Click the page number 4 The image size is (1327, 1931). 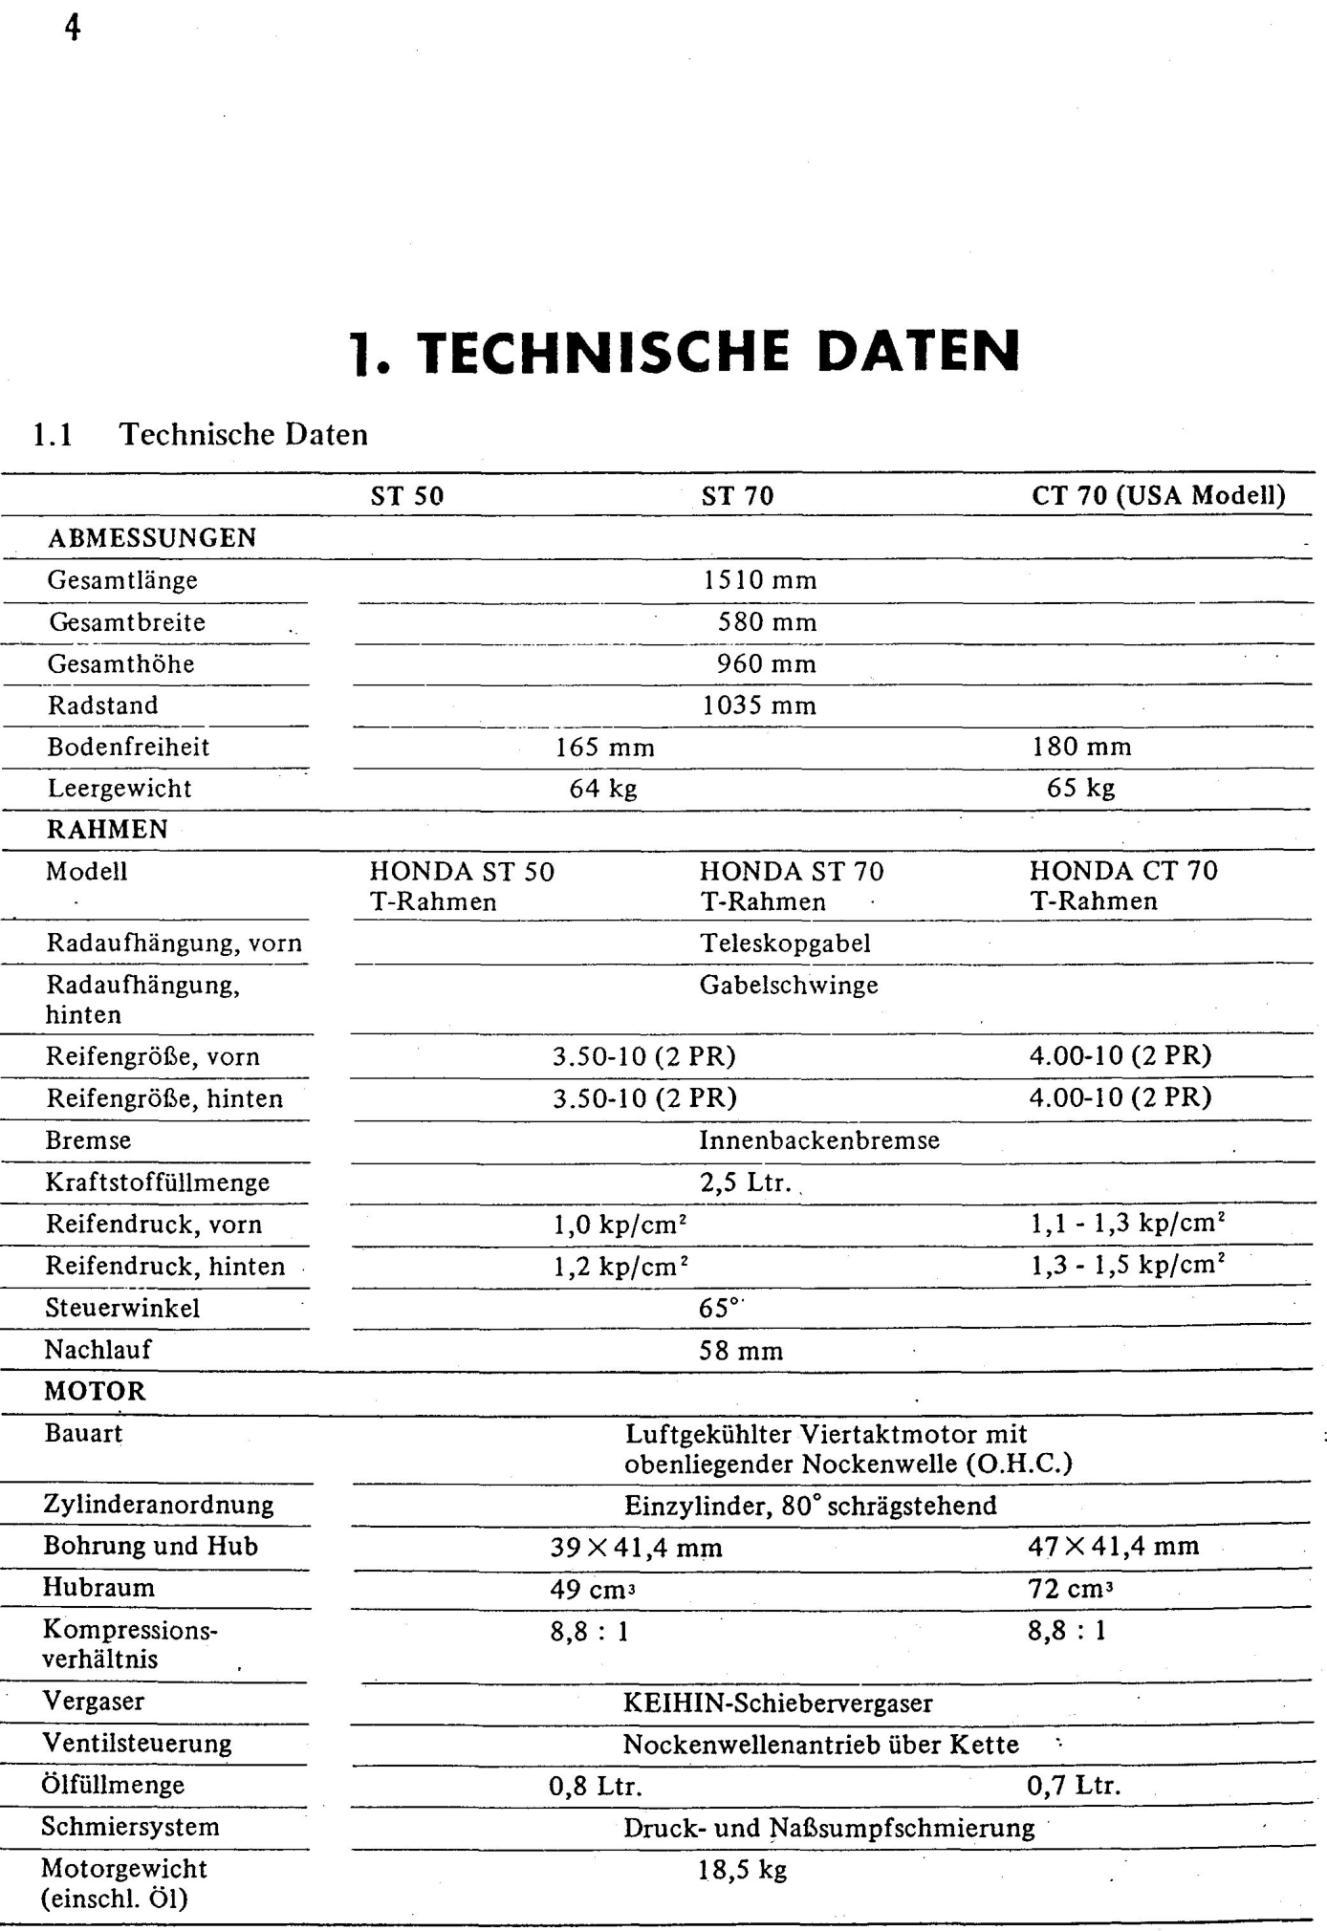pyautogui.click(x=72, y=28)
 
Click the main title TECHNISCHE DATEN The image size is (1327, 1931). pyautogui.click(x=685, y=351)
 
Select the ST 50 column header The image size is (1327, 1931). pyautogui.click(x=407, y=496)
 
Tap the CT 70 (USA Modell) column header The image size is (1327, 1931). pyautogui.click(x=1158, y=495)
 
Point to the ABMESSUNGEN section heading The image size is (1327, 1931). pyautogui.click(x=152, y=538)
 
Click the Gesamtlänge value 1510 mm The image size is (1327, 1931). pyautogui.click(x=760, y=580)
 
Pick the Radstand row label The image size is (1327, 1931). pyautogui.click(x=103, y=705)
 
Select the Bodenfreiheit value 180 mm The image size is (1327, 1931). pyautogui.click(x=1081, y=747)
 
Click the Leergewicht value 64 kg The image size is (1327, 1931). pyautogui.click(x=603, y=789)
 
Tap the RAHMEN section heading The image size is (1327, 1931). pyautogui.click(x=107, y=830)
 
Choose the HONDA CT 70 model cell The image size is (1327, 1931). pyautogui.click(x=1123, y=885)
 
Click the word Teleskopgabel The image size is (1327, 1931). pyautogui.click(x=785, y=944)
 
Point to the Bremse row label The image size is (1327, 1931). pyautogui.click(x=88, y=1140)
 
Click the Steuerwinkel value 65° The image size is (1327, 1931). pyautogui.click(x=719, y=1308)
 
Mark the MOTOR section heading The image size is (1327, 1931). pyautogui.click(x=95, y=1392)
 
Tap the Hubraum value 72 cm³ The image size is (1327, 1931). pyautogui.click(x=1071, y=1589)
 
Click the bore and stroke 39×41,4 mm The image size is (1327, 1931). pyautogui.click(x=636, y=1547)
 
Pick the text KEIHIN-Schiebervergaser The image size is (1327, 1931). pyautogui.click(x=777, y=1703)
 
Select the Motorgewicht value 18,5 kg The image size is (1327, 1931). pyautogui.click(x=742, y=1870)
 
